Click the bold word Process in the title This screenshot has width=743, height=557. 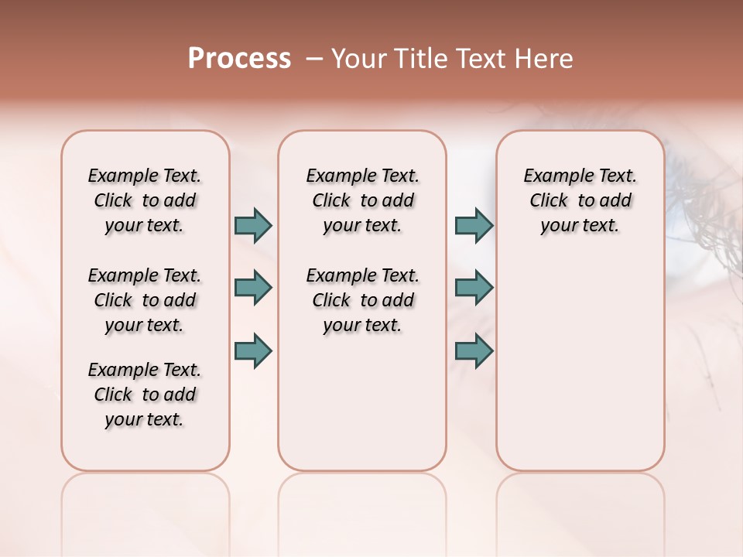[239, 59]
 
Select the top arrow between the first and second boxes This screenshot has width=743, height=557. [253, 226]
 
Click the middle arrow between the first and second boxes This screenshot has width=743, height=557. [253, 288]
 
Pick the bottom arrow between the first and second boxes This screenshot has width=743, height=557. [253, 350]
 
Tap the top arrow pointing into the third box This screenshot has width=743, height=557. [474, 226]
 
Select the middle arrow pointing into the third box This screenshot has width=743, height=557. [474, 288]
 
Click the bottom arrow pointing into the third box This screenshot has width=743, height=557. [474, 350]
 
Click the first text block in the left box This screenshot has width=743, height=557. [145, 200]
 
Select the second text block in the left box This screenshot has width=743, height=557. [145, 300]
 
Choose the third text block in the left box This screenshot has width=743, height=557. [145, 395]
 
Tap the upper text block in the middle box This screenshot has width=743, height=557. [362, 200]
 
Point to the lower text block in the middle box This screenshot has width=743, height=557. [362, 300]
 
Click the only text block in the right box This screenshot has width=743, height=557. [580, 200]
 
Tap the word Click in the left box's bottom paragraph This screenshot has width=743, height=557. [113, 395]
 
